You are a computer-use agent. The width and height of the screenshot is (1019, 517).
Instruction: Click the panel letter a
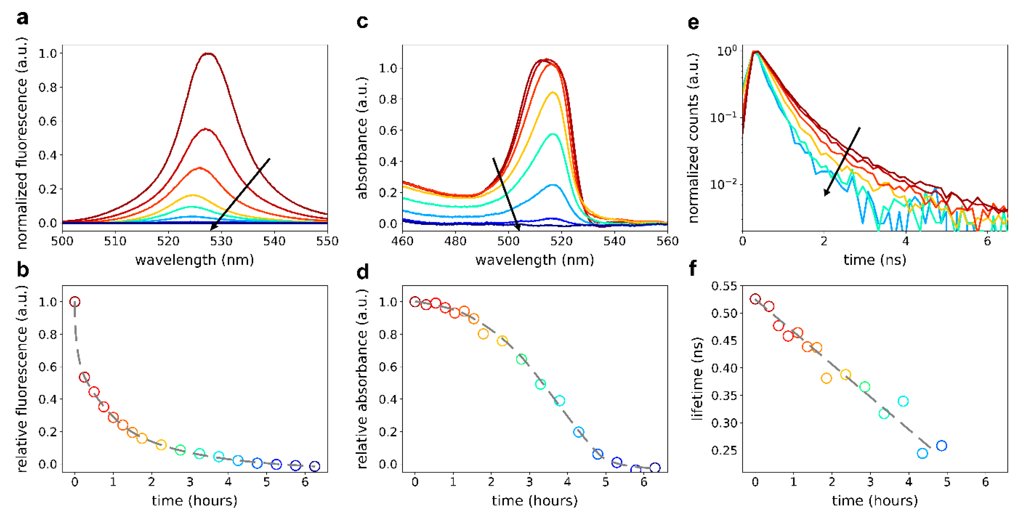(22, 18)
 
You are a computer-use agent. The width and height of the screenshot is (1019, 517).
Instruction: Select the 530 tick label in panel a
(221, 241)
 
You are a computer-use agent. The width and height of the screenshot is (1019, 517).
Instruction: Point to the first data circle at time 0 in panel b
(75, 302)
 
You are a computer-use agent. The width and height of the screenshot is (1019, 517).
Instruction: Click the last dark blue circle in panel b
(314, 466)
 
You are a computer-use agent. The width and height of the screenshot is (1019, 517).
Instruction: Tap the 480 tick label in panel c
(455, 241)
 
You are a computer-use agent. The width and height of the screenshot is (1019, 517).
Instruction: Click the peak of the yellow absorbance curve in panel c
(553, 93)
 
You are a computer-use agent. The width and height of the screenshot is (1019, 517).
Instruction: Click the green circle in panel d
(521, 359)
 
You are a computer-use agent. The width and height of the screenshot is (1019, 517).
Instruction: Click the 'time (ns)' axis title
(875, 260)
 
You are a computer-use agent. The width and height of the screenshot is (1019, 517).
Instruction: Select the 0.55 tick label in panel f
(724, 286)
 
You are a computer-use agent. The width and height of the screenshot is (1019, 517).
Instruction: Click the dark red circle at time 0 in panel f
(755, 299)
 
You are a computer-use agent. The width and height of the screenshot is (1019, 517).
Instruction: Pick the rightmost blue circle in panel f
(942, 446)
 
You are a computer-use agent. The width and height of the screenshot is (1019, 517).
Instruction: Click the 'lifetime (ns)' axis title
(697, 378)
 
